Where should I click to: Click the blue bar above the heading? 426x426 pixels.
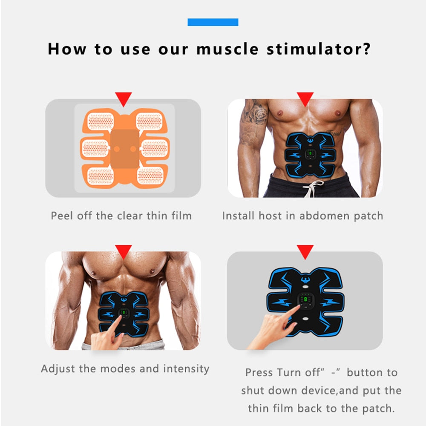point(213,22)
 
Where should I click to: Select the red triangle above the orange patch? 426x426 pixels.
point(124,99)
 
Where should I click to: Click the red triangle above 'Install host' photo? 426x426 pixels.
point(305,99)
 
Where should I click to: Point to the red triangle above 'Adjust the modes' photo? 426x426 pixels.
point(124,251)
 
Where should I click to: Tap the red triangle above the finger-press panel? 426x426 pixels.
point(305,251)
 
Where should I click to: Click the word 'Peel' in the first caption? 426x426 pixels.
point(62,216)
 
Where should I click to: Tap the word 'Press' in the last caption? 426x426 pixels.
point(259,373)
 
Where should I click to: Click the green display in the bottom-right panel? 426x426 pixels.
point(305,300)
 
